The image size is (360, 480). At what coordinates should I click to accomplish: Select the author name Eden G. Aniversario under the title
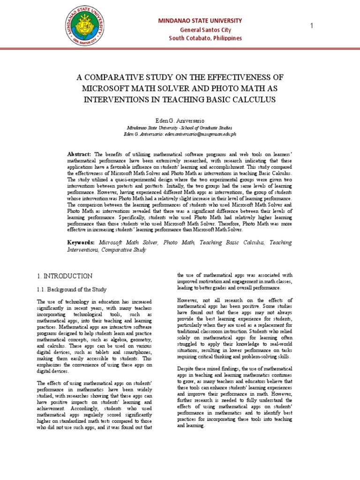point(180,121)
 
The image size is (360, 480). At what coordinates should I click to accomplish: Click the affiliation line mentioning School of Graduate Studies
point(180,127)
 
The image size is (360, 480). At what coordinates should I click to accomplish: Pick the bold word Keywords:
point(82,243)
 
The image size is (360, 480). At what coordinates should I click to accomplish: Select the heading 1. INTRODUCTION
point(64,276)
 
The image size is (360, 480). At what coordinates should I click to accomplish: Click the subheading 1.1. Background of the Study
point(72,289)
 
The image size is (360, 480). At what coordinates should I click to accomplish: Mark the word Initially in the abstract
point(198,186)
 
